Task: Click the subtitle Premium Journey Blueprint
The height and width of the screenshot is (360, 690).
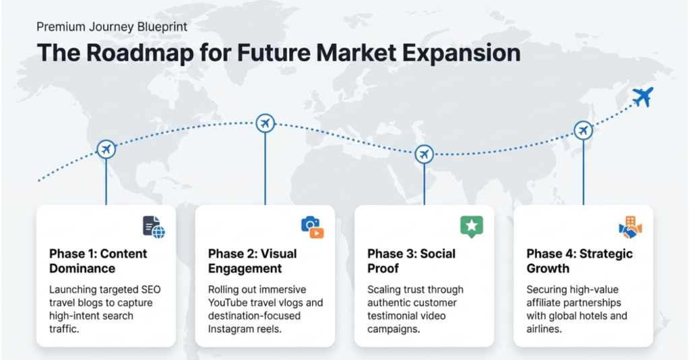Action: pyautogui.click(x=112, y=27)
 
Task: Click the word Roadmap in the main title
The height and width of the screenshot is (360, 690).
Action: pyautogui.click(x=140, y=53)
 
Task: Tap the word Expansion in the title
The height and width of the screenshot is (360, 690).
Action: pyautogui.click(x=462, y=53)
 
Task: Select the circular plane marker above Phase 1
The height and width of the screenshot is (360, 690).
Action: pyautogui.click(x=106, y=149)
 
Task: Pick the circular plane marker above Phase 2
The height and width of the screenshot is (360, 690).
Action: pyautogui.click(x=265, y=123)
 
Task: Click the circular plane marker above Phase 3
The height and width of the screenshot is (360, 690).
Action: pyautogui.click(x=425, y=154)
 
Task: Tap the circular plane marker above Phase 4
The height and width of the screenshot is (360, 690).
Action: pyautogui.click(x=583, y=130)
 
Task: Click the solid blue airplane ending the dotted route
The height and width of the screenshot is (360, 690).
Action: pyautogui.click(x=643, y=96)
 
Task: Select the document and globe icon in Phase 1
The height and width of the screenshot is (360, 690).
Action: pyautogui.click(x=154, y=227)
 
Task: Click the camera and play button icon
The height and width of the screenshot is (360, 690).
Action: pyautogui.click(x=313, y=227)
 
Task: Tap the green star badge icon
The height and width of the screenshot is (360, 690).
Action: pyautogui.click(x=472, y=227)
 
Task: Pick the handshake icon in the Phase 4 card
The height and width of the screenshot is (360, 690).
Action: pyautogui.click(x=631, y=227)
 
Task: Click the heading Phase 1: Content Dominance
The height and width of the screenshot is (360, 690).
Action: pyautogui.click(x=98, y=261)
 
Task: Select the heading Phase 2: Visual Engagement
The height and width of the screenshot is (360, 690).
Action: pyautogui.click(x=253, y=261)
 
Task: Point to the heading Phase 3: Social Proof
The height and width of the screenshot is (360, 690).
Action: pyautogui.click(x=412, y=261)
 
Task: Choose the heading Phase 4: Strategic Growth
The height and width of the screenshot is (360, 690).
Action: pyautogui.click(x=579, y=261)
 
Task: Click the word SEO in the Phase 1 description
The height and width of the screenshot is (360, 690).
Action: pyautogui.click(x=151, y=290)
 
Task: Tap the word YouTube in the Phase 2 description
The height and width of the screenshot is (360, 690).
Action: pyautogui.click(x=227, y=303)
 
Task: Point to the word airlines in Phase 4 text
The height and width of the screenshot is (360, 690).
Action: pyautogui.click(x=544, y=329)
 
